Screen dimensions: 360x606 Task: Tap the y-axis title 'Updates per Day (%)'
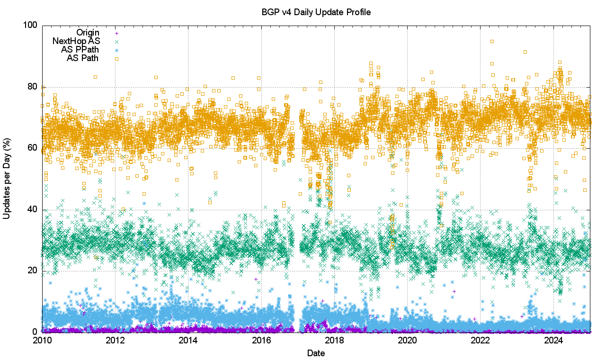[x=7, y=178]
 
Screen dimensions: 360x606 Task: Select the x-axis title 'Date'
[x=316, y=353]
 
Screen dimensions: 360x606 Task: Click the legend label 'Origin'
[x=88, y=33]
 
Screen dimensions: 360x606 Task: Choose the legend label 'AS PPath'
[x=80, y=50]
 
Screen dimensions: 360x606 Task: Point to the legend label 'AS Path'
[x=82, y=58]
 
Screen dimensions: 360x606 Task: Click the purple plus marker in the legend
[x=116, y=33]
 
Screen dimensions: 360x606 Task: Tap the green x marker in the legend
[x=116, y=42]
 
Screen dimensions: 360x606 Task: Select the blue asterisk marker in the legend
[x=116, y=50]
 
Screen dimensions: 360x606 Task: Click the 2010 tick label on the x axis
[x=43, y=341]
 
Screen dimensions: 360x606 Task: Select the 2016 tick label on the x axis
[x=261, y=341]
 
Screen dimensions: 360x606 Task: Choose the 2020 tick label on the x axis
[x=407, y=341]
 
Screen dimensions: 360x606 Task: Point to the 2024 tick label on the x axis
[x=553, y=341]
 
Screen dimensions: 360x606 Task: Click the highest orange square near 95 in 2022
[x=492, y=41]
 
